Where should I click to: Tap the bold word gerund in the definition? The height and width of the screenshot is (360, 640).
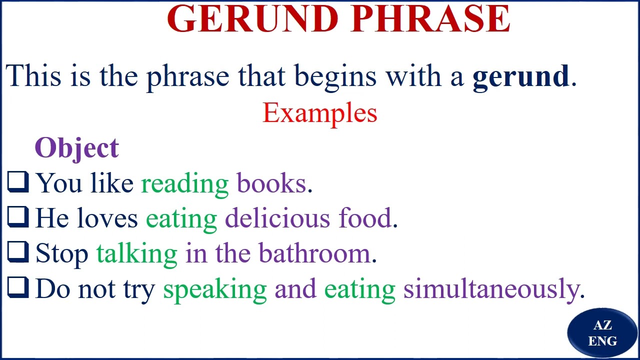[520, 76]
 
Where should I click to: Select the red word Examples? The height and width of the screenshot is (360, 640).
[320, 113]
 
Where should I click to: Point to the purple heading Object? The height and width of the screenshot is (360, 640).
[76, 148]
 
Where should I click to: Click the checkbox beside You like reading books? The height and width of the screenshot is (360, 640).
[18, 182]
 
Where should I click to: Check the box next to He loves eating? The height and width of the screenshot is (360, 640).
[18, 217]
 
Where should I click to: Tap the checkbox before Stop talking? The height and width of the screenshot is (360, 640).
[18, 252]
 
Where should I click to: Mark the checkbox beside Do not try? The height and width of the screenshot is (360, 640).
[18, 288]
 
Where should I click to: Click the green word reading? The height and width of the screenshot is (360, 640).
[185, 184]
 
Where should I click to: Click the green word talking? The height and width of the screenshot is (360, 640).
[136, 254]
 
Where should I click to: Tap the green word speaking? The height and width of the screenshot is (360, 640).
[215, 289]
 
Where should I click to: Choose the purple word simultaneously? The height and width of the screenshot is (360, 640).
[491, 289]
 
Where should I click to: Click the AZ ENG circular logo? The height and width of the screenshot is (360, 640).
[602, 333]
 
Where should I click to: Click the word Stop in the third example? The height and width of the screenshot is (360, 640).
[61, 253]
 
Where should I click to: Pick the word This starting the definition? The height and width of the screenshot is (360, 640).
[33, 76]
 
